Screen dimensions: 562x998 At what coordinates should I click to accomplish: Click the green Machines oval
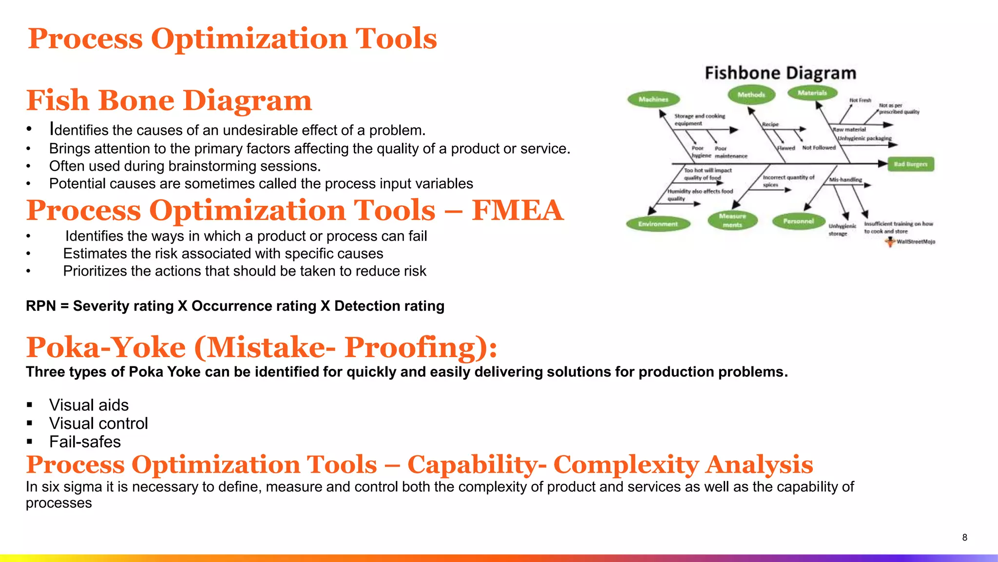click(653, 100)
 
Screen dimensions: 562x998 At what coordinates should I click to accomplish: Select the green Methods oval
click(751, 95)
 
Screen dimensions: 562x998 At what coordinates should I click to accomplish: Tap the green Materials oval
click(812, 93)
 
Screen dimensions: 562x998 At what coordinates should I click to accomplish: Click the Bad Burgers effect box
click(910, 164)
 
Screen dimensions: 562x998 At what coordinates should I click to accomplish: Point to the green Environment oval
click(658, 224)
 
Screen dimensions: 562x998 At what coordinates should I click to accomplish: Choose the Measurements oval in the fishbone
click(732, 220)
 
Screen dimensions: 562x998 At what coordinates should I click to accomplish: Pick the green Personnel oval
click(798, 221)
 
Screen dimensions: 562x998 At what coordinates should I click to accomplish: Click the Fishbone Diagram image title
click(780, 73)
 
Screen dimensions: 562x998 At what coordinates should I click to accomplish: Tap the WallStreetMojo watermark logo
click(890, 241)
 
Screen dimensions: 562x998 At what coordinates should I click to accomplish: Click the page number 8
click(964, 537)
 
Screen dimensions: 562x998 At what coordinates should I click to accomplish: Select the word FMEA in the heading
click(517, 210)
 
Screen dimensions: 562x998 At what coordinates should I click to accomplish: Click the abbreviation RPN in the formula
click(41, 306)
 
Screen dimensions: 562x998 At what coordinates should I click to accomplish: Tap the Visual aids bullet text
click(89, 405)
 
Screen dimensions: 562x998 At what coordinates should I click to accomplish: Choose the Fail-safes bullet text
click(85, 442)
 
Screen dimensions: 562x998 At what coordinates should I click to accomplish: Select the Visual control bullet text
click(98, 423)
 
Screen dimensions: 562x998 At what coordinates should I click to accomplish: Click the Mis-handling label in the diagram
click(845, 180)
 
